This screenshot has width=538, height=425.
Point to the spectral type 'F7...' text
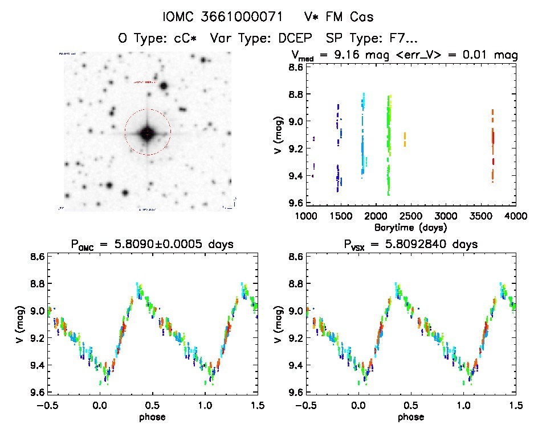(x=402, y=39)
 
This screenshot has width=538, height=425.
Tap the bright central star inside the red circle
(x=147, y=133)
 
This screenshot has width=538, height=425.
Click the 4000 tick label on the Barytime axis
(x=515, y=216)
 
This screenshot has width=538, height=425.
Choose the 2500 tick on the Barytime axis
(x=411, y=216)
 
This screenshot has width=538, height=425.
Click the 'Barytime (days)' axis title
(x=410, y=226)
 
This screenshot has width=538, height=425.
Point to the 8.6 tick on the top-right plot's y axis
(x=295, y=67)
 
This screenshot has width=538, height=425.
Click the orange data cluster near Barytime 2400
(x=405, y=139)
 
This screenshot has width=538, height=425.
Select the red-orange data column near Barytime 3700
(x=492, y=145)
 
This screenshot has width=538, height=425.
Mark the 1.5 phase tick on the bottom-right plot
(x=515, y=405)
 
